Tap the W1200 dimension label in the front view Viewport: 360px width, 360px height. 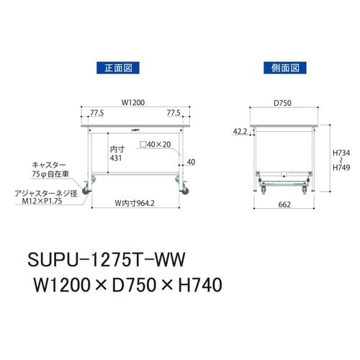(x=132, y=102)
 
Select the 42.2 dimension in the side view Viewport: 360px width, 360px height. (x=241, y=131)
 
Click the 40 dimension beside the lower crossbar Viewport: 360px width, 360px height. (x=190, y=161)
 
